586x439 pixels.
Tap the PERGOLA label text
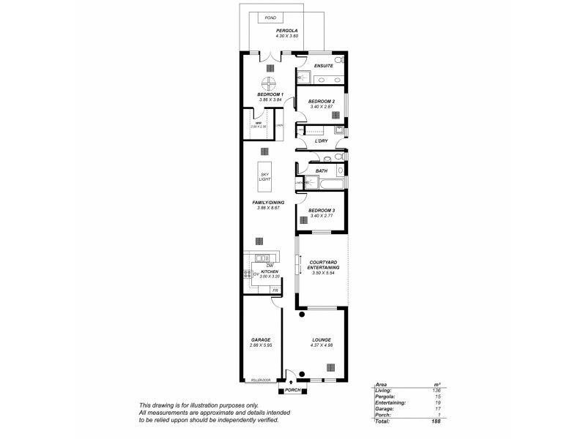[267, 31]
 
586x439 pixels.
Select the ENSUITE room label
[323, 67]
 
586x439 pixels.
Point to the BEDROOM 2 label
[322, 101]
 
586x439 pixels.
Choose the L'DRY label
[320, 140]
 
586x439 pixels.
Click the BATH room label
[322, 171]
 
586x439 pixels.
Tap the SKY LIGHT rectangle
[264, 176]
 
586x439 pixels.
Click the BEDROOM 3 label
[322, 210]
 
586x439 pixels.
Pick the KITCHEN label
[270, 271]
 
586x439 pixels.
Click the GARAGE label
[261, 340]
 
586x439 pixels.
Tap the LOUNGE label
[321, 340]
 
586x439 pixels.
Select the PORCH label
[293, 390]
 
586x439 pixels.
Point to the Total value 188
[437, 421]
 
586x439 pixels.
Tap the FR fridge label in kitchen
[275, 291]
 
